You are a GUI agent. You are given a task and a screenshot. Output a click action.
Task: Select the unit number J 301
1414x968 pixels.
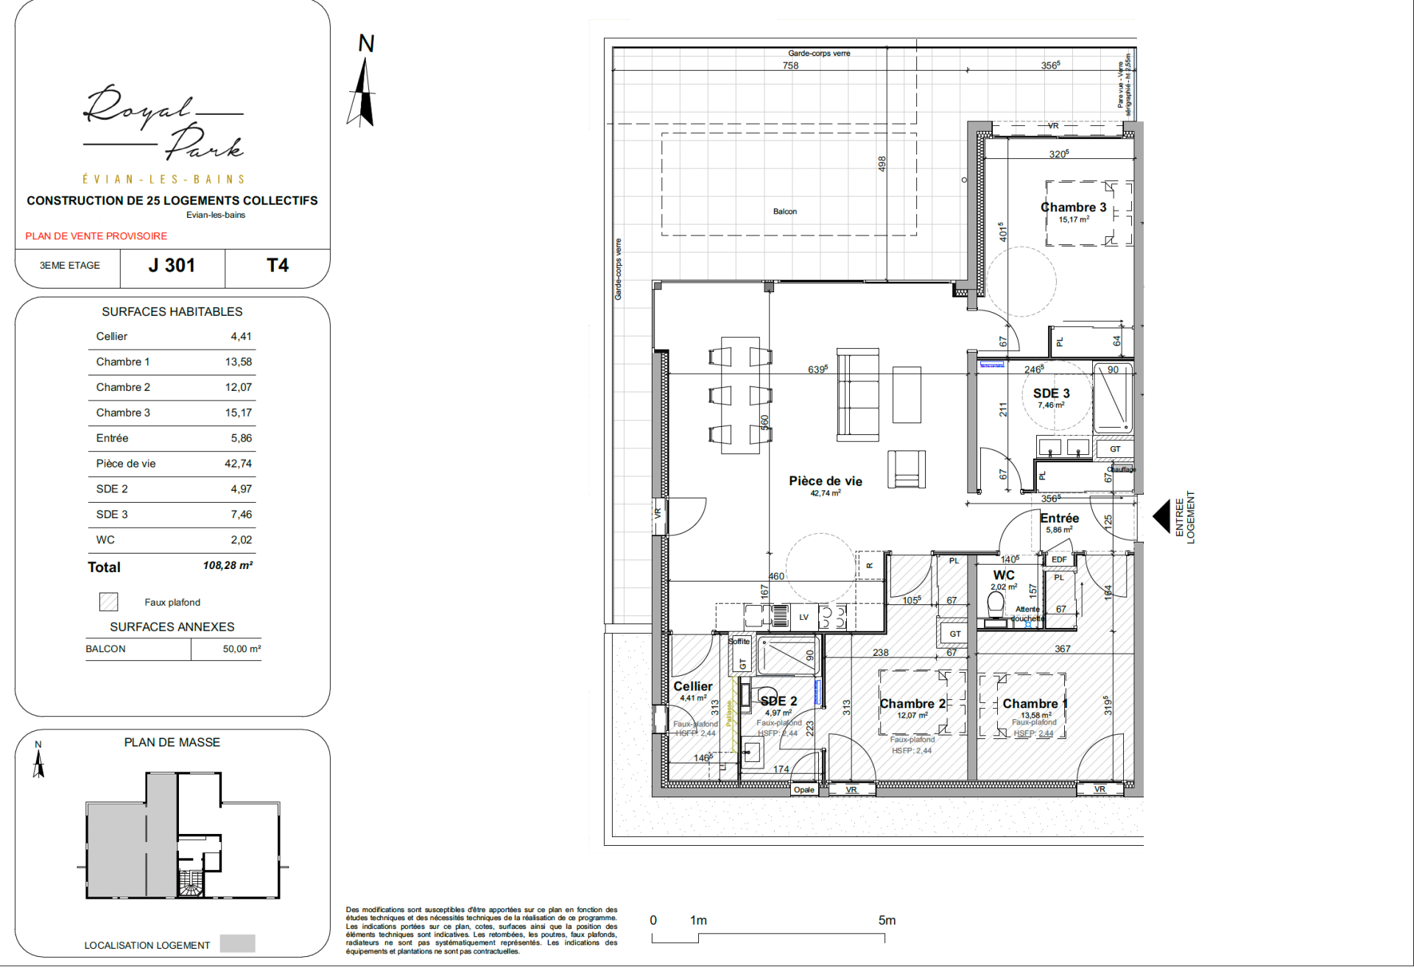pos(172,266)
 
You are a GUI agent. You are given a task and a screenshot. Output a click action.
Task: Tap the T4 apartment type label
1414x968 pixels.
pos(277,266)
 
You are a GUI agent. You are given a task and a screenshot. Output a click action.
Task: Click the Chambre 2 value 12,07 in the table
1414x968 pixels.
pos(238,387)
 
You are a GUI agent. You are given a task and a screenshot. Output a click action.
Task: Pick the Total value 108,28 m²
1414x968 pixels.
pos(228,566)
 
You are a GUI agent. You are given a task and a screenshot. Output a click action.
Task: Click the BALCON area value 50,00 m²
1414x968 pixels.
pos(242,649)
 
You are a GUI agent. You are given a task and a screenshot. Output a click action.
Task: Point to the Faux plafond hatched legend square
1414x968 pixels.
pos(108,602)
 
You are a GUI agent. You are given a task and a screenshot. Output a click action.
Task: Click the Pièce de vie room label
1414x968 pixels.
pos(825,481)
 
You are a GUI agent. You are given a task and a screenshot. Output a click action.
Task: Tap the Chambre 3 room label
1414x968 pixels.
pos(1073,208)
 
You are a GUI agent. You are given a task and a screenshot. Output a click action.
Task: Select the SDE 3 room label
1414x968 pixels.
pos(1051,394)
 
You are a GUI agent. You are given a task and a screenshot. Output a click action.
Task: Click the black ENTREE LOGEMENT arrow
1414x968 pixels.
pos(1161,516)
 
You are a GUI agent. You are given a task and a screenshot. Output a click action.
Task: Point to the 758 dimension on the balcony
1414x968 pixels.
pos(790,66)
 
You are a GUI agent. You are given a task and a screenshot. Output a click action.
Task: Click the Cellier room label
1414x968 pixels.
pos(692,686)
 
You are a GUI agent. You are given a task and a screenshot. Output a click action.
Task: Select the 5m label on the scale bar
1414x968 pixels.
pos(887,921)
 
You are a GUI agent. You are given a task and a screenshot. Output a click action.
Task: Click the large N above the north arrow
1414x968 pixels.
pos(366,44)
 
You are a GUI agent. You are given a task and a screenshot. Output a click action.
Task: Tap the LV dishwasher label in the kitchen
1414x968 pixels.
pos(803,618)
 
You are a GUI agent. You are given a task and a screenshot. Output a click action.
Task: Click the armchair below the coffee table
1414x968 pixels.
pos(906,470)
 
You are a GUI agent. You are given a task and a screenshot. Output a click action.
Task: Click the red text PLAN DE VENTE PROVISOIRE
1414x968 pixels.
pos(96,236)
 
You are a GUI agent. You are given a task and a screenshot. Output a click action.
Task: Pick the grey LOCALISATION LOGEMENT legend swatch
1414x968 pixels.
pos(237,944)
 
